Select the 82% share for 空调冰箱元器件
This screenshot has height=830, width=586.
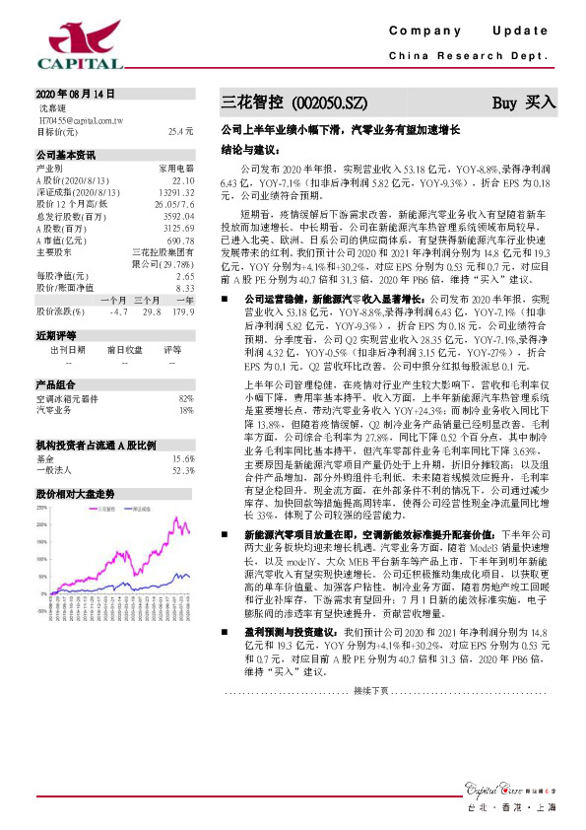click(x=186, y=396)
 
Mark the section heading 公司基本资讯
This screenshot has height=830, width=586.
click(x=66, y=156)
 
